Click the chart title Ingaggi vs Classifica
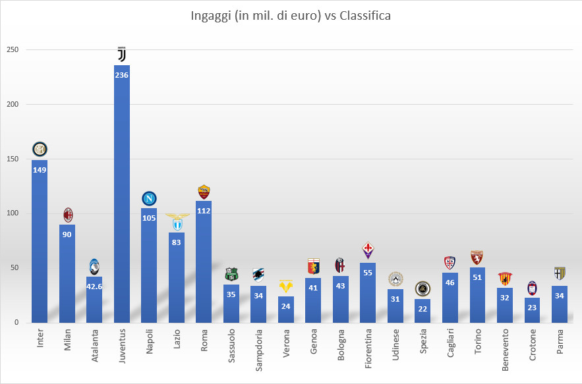click(290, 16)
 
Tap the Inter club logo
click(40, 150)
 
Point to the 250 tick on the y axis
click(13, 50)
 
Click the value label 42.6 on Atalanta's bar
click(94, 285)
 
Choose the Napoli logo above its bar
click(150, 198)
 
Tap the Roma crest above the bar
click(204, 192)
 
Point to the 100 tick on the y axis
click(13, 213)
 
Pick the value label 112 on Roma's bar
click(204, 211)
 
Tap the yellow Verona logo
click(286, 287)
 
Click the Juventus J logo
click(121, 55)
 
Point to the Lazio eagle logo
click(177, 222)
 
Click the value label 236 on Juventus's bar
click(121, 74)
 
